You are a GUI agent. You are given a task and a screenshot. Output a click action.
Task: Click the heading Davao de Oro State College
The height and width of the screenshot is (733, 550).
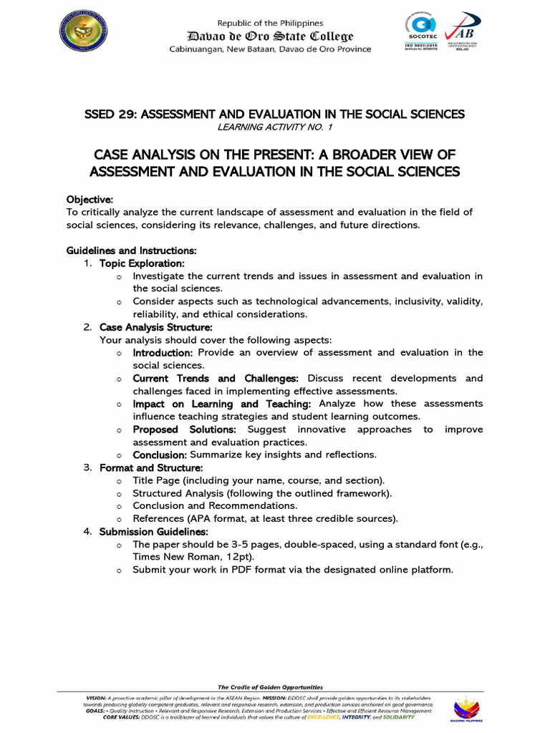[x=270, y=37]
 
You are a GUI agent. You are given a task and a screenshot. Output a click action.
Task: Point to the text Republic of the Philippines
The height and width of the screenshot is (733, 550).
[x=270, y=24]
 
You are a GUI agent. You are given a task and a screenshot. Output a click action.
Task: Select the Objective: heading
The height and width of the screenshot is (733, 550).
[x=90, y=199]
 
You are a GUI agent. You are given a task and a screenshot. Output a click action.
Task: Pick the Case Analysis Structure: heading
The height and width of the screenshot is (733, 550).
[x=155, y=327]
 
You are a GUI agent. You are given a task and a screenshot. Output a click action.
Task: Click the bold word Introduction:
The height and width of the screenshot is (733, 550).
[x=163, y=353]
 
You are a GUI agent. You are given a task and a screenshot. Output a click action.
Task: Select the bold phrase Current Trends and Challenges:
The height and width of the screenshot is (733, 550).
[x=216, y=378]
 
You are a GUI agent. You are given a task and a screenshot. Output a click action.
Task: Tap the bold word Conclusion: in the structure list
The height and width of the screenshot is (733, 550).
[x=160, y=455]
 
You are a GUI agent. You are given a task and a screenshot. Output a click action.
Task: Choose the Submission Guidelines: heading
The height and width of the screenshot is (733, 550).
[x=153, y=532]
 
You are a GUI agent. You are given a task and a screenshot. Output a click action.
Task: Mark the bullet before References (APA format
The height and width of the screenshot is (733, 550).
[x=119, y=519]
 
